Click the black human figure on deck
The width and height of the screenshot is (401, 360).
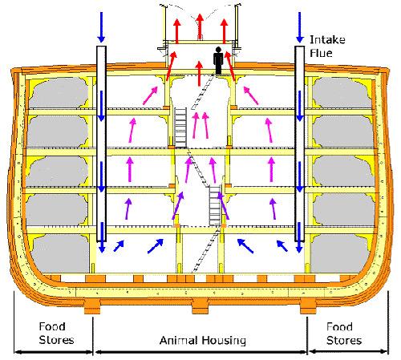click(218, 61)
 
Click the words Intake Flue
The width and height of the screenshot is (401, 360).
click(327, 47)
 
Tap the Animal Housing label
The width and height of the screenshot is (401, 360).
click(203, 340)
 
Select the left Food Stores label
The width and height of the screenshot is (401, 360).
click(56, 333)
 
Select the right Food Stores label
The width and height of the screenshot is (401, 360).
click(344, 334)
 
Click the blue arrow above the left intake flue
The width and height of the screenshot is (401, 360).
click(101, 27)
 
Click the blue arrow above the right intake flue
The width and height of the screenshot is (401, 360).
click(300, 27)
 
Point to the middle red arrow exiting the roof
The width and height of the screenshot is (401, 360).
click(200, 26)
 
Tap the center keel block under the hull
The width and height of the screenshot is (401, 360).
click(200, 305)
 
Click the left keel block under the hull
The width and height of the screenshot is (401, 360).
click(92, 305)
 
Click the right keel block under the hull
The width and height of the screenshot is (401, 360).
click(308, 305)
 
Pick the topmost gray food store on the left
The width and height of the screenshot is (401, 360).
click(59, 92)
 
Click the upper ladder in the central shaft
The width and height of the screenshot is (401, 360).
click(180, 127)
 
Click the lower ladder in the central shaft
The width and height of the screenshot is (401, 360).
click(215, 206)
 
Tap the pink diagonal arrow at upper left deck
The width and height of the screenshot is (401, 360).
click(151, 95)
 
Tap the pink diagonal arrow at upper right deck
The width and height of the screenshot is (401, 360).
click(251, 95)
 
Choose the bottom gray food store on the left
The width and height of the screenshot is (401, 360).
click(60, 253)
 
